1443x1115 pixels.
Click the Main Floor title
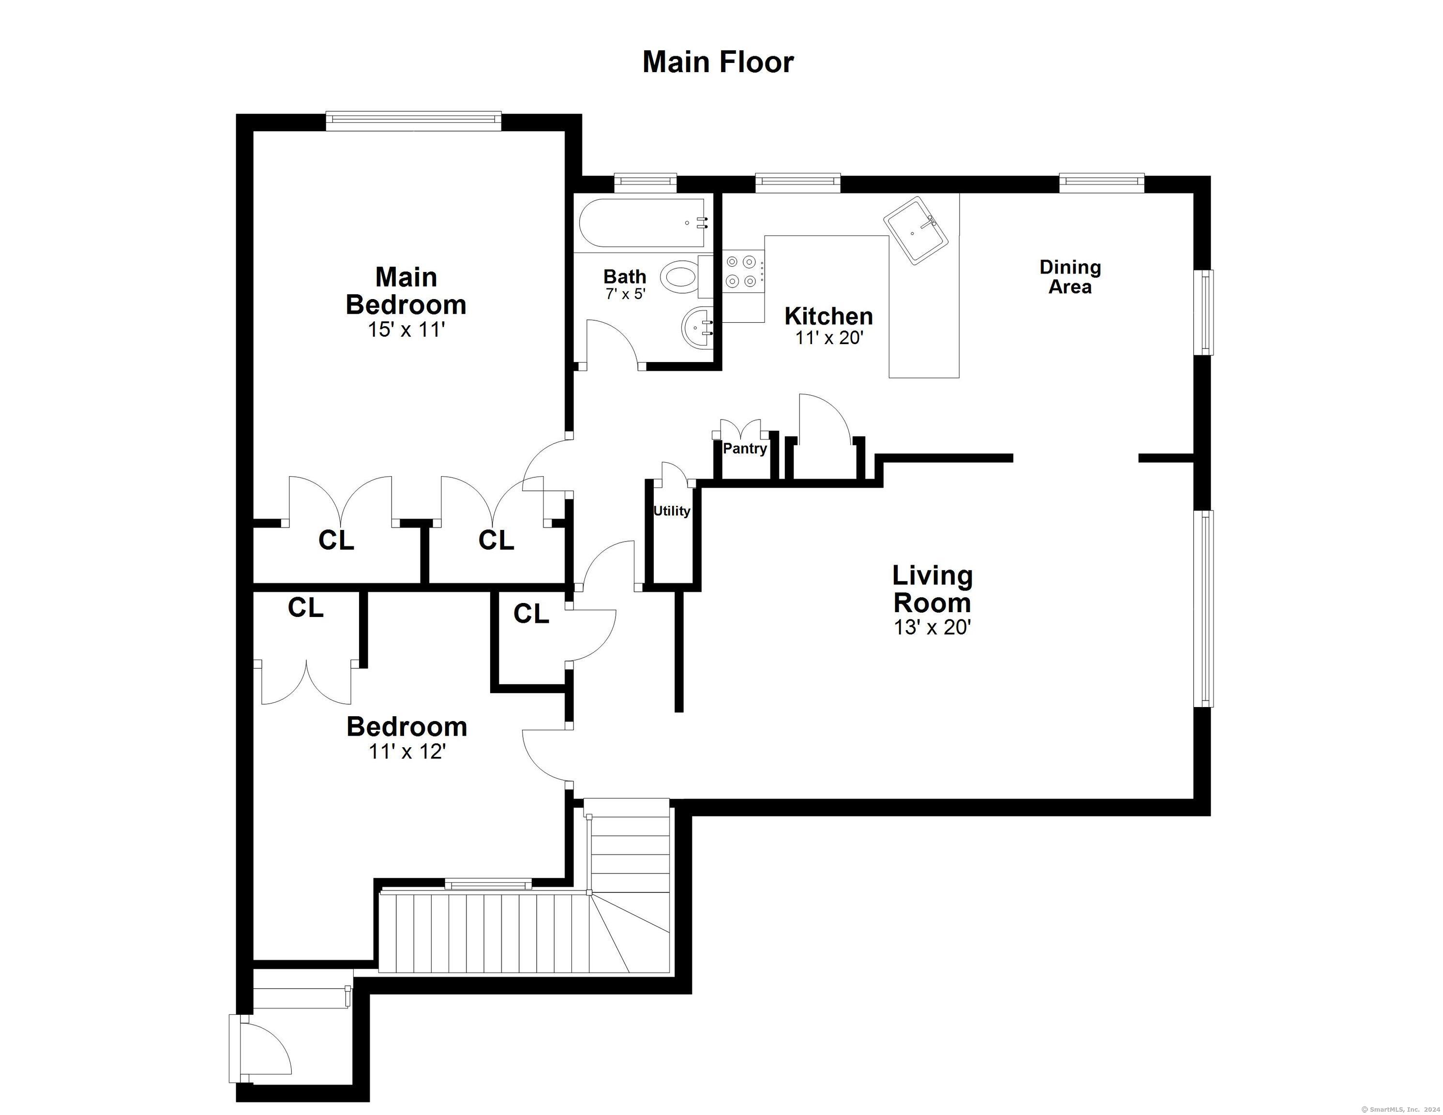[718, 62]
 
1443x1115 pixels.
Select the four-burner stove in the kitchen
[741, 271]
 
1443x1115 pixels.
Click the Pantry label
[745, 449]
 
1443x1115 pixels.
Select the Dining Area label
[1070, 277]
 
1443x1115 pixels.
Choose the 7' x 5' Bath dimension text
[624, 294]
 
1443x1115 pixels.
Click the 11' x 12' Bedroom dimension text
[407, 752]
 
